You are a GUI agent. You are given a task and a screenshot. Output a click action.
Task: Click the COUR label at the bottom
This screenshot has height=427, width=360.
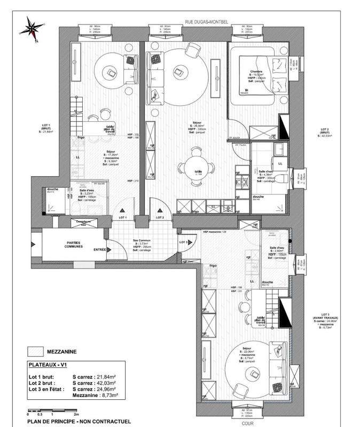tap(247, 423)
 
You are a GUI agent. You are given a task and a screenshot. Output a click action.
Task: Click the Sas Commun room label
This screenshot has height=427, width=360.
tap(140, 241)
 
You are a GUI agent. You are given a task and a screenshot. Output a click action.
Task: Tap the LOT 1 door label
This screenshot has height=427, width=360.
tap(122, 218)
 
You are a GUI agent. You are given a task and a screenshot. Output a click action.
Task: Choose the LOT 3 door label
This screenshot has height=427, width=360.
tap(184, 242)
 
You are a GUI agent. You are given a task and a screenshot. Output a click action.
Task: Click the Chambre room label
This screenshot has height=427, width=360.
tap(256, 72)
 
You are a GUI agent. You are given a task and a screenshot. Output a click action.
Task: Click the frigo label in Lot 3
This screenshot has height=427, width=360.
tap(213, 265)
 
